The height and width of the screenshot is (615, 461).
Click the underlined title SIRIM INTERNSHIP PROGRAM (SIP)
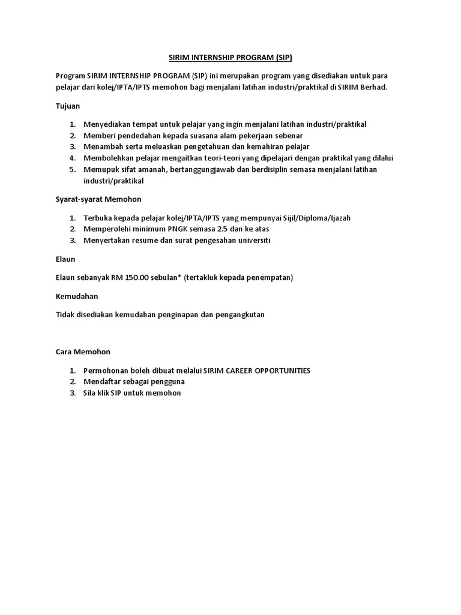pyautogui.click(x=230, y=58)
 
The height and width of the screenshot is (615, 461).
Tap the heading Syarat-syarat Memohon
pyautogui.click(x=95, y=199)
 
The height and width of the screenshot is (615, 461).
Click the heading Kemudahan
pyautogui.click(x=76, y=296)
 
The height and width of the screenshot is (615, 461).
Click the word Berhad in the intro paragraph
pyautogui.click(x=373, y=87)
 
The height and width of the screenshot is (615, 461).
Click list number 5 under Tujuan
pyautogui.click(x=71, y=169)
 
